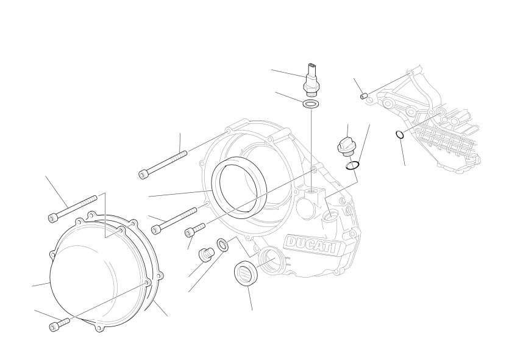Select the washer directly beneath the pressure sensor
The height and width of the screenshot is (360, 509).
coord(311,104)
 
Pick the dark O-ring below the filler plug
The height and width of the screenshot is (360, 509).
coord(352,165)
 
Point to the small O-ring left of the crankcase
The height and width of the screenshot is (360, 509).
coord(400,134)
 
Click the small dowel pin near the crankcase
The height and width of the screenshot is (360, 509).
coord(364,96)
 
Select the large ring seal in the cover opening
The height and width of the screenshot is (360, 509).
coord(239,188)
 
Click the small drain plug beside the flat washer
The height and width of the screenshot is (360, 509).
coord(206,254)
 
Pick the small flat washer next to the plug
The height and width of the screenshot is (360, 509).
coord(222,245)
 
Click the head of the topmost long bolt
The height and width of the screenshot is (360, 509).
coord(143,174)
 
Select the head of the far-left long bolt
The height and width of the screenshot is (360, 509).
coord(53,218)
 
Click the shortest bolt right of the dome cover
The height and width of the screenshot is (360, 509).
coord(195,229)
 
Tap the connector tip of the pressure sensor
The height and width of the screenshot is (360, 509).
coord(312,67)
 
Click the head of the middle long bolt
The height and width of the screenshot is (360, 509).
coord(156,230)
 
